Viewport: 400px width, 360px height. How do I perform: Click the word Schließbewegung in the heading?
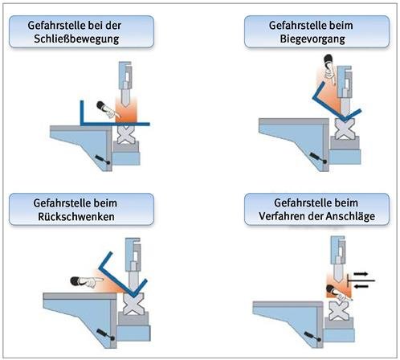pos(76,39)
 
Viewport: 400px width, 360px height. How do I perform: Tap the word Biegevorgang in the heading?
pos(312,39)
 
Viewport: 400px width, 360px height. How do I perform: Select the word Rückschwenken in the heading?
pos(76,216)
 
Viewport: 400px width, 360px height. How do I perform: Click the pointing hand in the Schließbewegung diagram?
pos(108,110)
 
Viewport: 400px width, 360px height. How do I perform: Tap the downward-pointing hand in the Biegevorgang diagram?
pos(329,70)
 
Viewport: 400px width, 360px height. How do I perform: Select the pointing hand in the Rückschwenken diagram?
pos(86,281)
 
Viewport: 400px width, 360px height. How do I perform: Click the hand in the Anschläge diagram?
pos(339,293)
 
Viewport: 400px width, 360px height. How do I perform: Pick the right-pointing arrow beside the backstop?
pos(361,274)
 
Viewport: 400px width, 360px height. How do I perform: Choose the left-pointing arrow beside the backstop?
pos(361,287)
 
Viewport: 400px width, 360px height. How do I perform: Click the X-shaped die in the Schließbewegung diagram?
pos(126,134)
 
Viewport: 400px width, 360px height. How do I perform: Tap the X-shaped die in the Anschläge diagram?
pos(339,310)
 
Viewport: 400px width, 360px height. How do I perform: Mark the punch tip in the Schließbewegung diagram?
pos(126,105)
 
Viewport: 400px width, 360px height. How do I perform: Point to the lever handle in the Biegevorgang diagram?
pos(317,157)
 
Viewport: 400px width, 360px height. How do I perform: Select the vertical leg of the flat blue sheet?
pos(82,112)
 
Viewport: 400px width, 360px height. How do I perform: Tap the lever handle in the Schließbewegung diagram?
pos(102,158)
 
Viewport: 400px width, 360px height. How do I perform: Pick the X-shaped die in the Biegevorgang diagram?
pos(345,129)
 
